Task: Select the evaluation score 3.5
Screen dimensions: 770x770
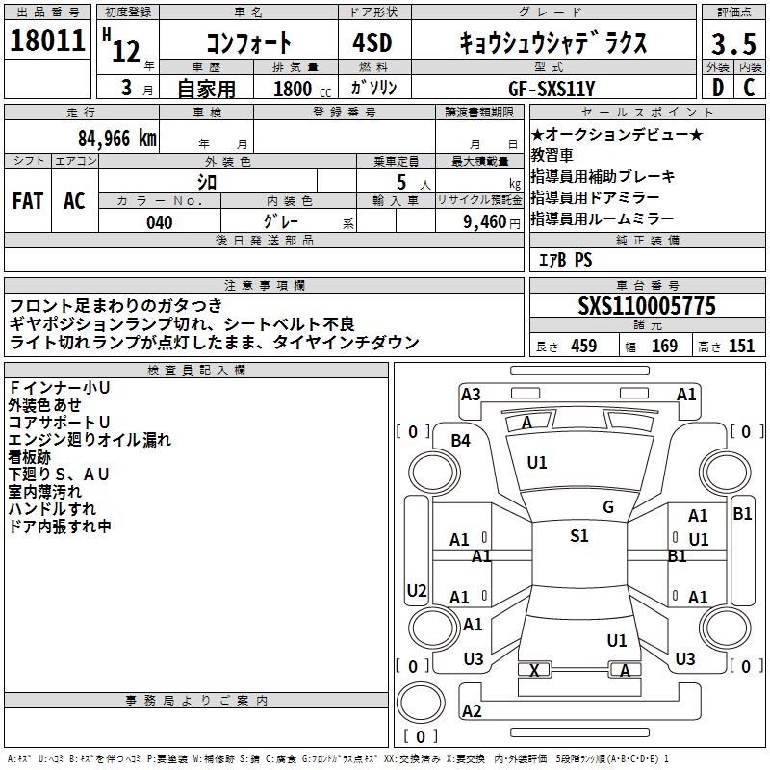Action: click(x=732, y=44)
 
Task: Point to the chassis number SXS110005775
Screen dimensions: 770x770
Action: click(x=647, y=306)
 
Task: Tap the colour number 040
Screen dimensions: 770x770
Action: click(x=159, y=222)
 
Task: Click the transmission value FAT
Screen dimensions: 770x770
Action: click(x=27, y=201)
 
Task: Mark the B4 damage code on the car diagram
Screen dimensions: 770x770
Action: click(x=461, y=440)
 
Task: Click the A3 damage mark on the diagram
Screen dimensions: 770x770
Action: click(x=471, y=394)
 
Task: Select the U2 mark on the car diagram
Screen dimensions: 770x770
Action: click(x=417, y=590)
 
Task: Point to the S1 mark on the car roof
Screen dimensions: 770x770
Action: click(x=578, y=536)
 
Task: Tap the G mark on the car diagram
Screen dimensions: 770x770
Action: click(x=607, y=507)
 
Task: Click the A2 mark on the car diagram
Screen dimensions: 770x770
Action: click(x=472, y=710)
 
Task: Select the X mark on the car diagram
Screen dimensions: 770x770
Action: click(x=534, y=671)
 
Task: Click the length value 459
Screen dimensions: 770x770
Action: click(x=583, y=346)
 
